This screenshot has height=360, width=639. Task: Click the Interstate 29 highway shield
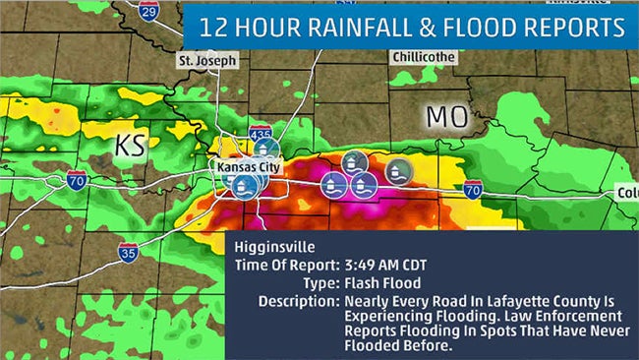[x=148, y=11]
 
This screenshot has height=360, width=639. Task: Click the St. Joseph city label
[x=207, y=61]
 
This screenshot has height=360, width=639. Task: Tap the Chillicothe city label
[x=424, y=57]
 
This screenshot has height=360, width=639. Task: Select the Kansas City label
[x=250, y=168]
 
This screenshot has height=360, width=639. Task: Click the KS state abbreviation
[x=131, y=146]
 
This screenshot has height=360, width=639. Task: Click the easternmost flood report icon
[x=398, y=169]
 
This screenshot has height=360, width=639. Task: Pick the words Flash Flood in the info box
[x=376, y=283]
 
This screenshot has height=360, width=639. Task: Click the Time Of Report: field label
[x=286, y=266]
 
